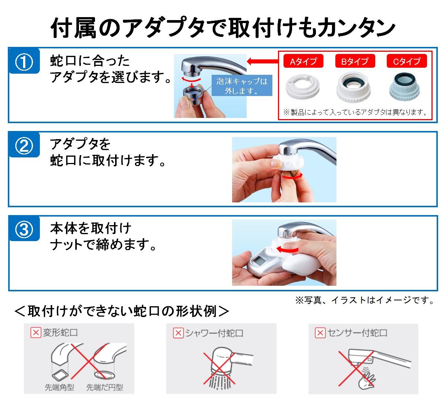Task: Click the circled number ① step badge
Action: click(x=24, y=62)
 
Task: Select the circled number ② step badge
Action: click(x=24, y=145)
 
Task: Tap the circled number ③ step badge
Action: click(x=24, y=229)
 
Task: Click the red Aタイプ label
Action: click(x=303, y=61)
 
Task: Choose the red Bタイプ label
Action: click(x=355, y=61)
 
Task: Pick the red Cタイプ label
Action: click(x=407, y=61)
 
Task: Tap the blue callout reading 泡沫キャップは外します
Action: click(x=242, y=86)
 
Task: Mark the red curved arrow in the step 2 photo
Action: click(x=292, y=177)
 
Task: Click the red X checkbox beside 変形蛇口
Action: click(x=35, y=332)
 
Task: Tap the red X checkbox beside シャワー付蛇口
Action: click(x=178, y=333)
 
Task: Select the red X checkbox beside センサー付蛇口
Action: click(x=320, y=333)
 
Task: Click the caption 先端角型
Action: click(x=59, y=387)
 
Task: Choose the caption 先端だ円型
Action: click(x=104, y=387)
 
